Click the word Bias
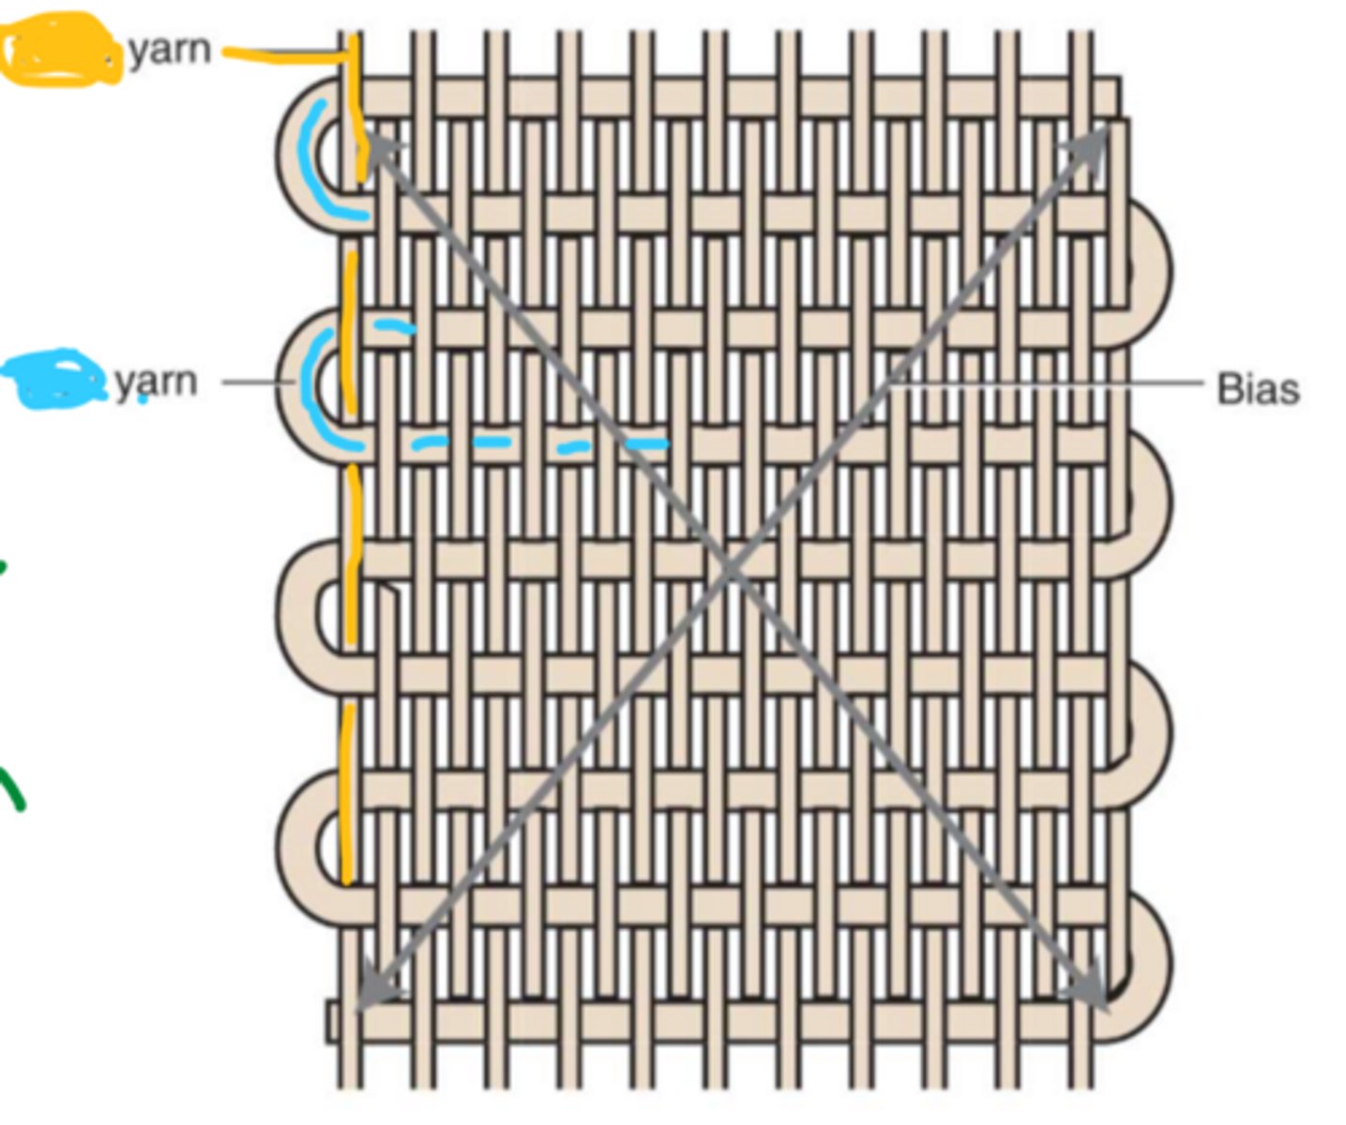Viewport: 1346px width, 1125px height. coord(1257,388)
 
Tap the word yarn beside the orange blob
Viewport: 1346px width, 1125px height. coord(169,49)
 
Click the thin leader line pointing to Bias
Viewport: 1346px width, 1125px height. coord(1041,383)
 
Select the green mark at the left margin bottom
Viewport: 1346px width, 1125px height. coord(13,787)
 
